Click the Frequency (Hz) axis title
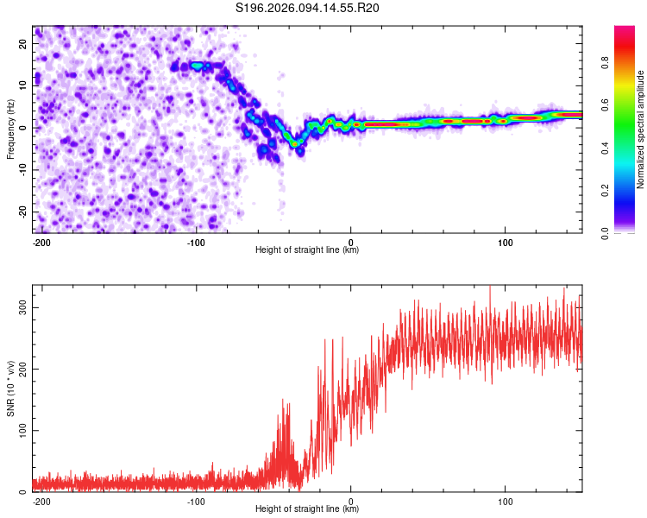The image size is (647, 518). tap(11, 129)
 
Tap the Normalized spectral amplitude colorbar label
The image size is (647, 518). tap(640, 129)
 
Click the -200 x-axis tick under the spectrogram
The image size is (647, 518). tap(41, 241)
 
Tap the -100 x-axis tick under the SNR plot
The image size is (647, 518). tap(195, 501)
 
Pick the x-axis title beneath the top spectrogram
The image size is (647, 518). tap(307, 250)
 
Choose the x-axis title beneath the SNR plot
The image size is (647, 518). tap(307, 509)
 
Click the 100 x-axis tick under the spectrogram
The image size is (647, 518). tap(505, 241)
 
